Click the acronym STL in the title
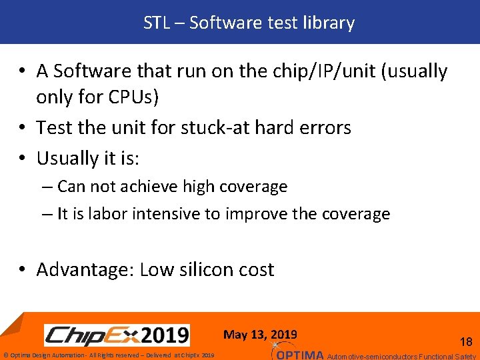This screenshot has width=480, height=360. point(157,23)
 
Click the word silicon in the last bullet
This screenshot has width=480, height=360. point(203,269)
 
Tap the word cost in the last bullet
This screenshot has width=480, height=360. point(257,269)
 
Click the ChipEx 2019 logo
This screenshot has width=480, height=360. point(117,335)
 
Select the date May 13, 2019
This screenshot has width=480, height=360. point(260,335)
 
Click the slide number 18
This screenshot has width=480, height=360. point(466,342)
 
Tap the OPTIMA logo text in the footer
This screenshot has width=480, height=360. point(299,355)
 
